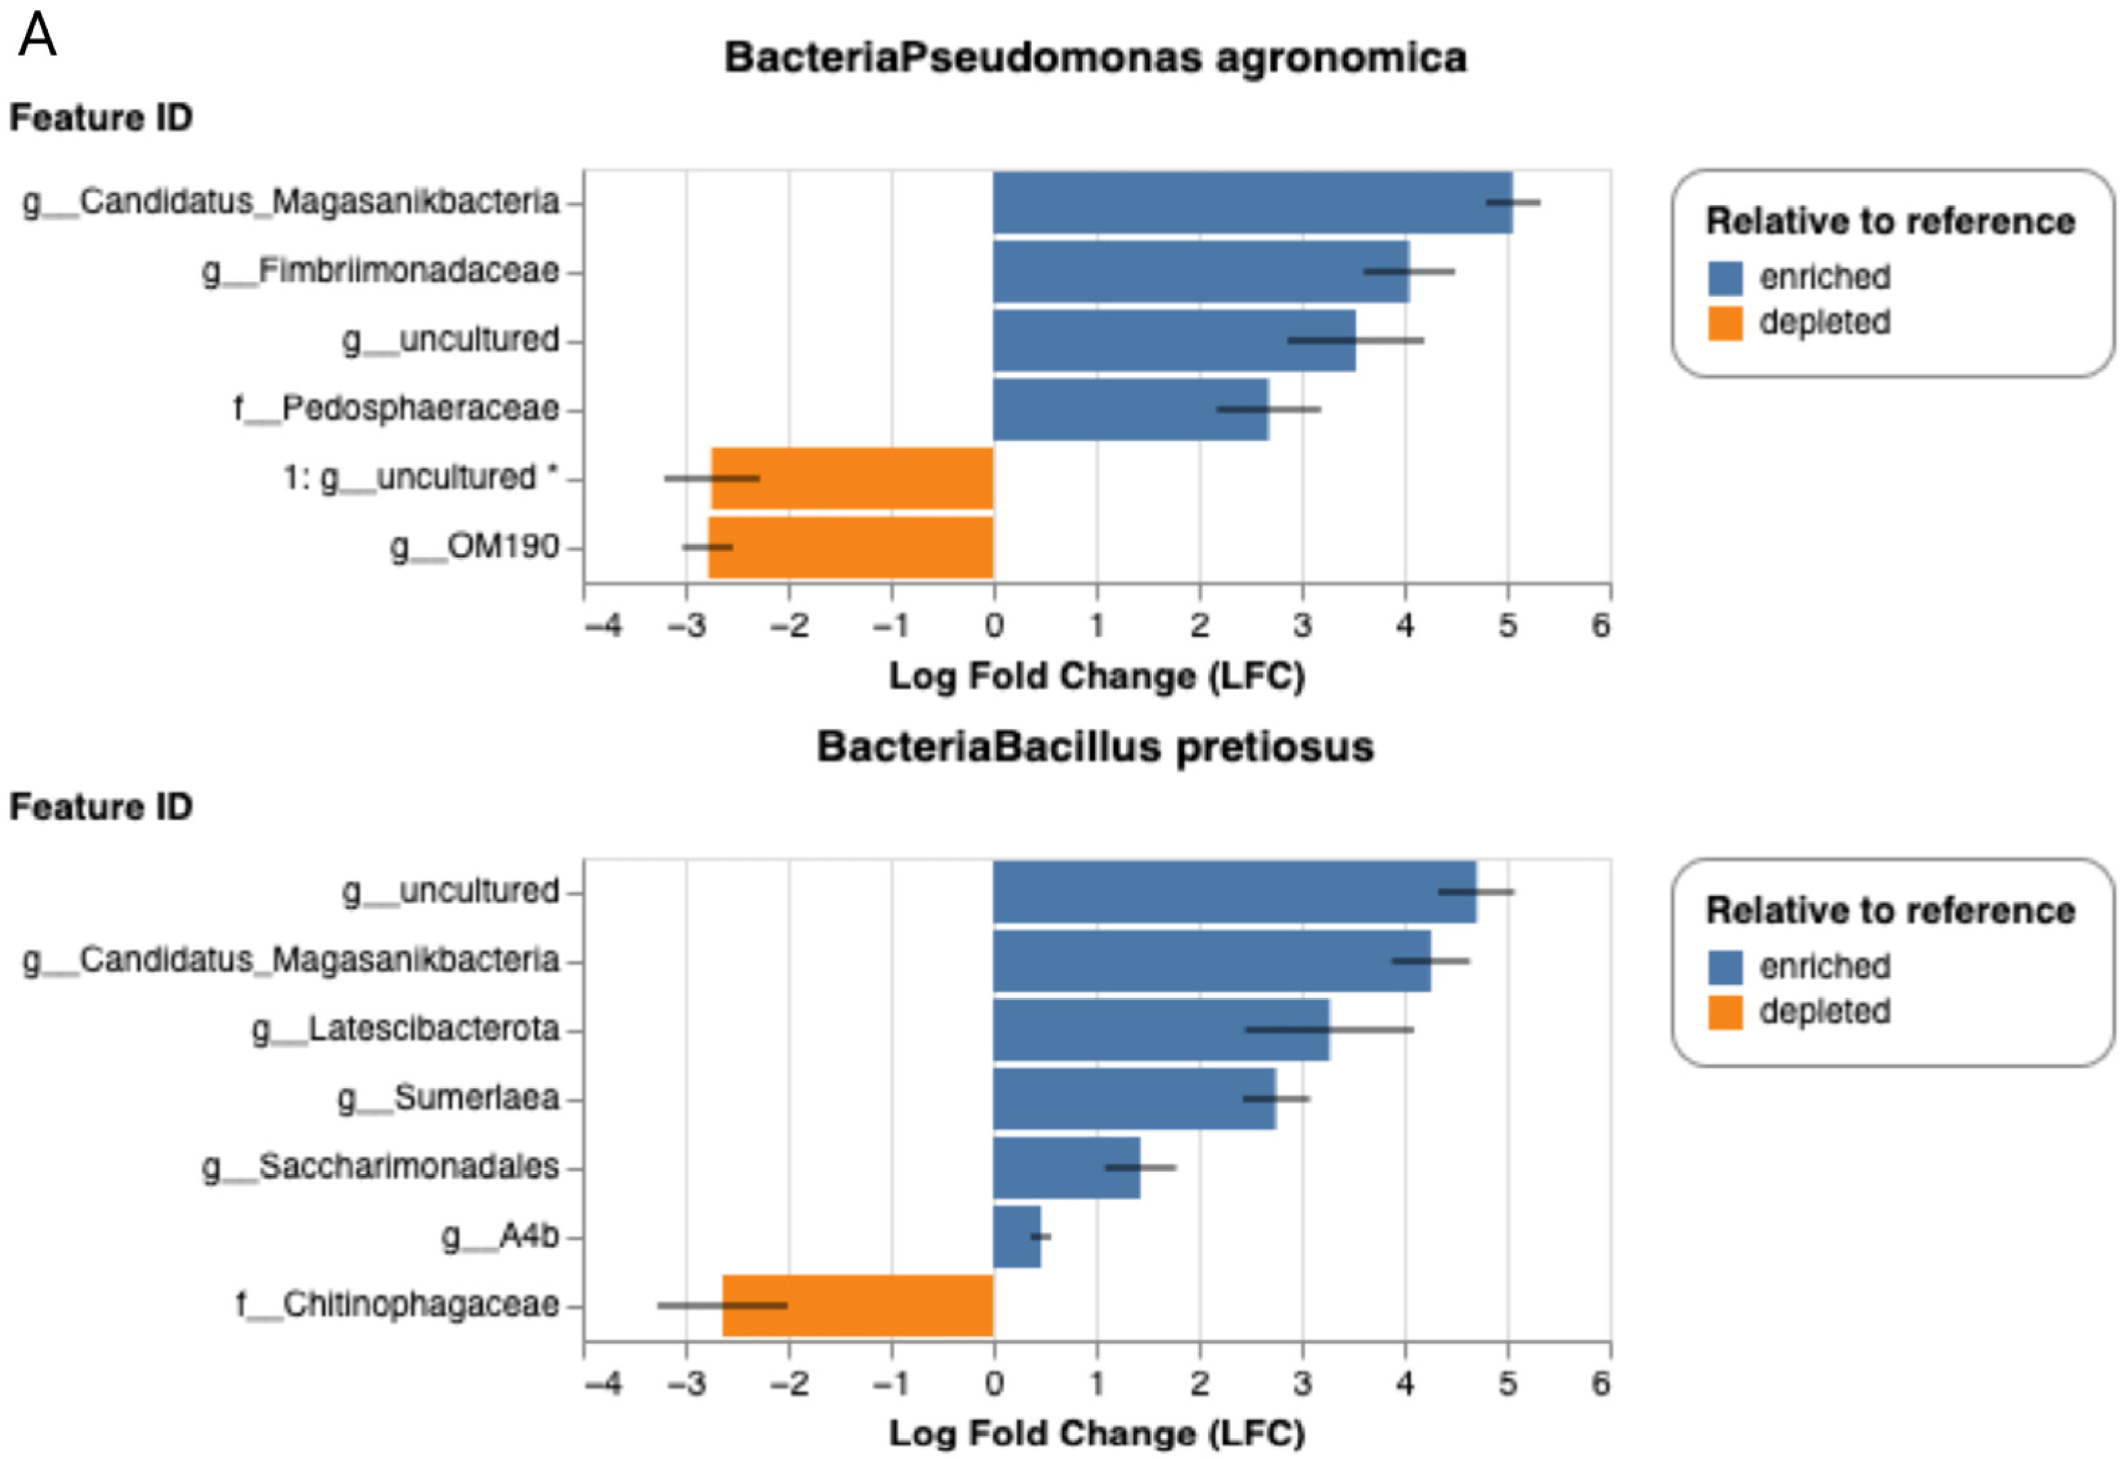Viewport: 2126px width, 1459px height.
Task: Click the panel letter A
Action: pos(36,36)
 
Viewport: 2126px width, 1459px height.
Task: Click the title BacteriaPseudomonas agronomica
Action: pos(1095,58)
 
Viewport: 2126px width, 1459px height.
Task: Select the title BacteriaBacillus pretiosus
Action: pos(1095,747)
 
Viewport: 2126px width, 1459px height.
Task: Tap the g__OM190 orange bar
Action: pos(851,548)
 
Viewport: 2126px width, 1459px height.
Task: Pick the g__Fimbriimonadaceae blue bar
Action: pos(1200,272)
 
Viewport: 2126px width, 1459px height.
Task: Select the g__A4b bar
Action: pos(1017,1237)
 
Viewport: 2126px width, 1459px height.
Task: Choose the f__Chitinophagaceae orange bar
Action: pos(857,1305)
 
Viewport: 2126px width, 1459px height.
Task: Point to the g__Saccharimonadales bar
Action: pos(1066,1168)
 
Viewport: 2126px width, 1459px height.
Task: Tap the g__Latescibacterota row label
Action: pos(405,1029)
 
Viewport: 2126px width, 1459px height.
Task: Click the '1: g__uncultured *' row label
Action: pos(421,478)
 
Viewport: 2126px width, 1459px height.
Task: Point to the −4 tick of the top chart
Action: pos(604,626)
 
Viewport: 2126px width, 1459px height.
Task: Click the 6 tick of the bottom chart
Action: pos(1600,1383)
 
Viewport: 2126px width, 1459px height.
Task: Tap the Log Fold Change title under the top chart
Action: pos(1096,677)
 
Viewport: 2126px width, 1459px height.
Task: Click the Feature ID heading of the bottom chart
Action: pos(101,807)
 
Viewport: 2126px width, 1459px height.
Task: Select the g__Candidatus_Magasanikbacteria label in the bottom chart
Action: pos(291,960)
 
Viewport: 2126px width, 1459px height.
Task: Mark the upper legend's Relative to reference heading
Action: pos(1890,221)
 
